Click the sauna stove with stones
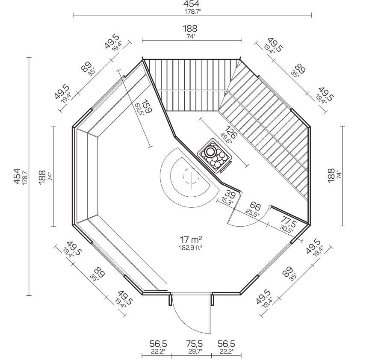(214, 155)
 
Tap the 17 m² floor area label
(191, 239)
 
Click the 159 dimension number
(147, 107)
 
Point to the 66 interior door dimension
(255, 206)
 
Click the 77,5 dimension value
(289, 221)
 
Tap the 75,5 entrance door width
(194, 344)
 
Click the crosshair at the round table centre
(187, 176)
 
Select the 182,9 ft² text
(191, 248)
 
